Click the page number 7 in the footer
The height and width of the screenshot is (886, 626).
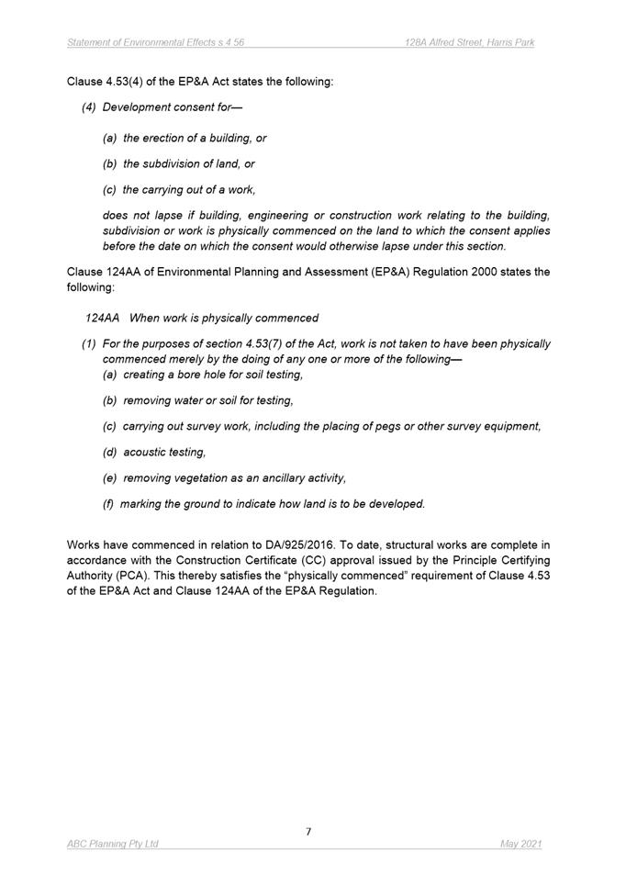[x=308, y=832]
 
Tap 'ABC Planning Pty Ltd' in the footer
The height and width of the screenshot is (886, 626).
[x=113, y=844]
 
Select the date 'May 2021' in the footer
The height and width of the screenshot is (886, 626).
[x=521, y=844]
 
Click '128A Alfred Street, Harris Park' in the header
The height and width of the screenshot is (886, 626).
[x=470, y=42]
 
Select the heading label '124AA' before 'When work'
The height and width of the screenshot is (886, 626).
[x=103, y=318]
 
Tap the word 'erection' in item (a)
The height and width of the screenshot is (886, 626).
[x=167, y=138]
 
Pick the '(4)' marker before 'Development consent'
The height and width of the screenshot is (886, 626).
[x=89, y=107]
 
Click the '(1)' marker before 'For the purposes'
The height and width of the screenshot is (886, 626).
[x=89, y=344]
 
